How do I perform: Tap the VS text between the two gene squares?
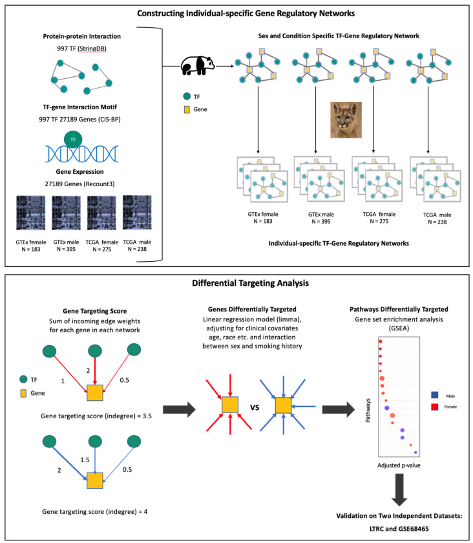[x=254, y=409]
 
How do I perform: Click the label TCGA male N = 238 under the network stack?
[x=430, y=216]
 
